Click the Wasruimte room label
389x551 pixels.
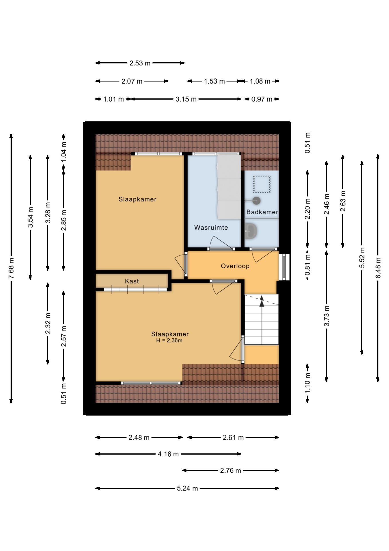pos(211,228)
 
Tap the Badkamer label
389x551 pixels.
pos(262,212)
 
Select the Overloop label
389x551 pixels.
pos(235,266)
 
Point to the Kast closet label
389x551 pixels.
pos(132,281)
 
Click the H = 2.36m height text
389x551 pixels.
pos(169,341)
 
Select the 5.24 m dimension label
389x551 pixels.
pos(187,488)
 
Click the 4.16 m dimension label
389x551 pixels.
pos(168,454)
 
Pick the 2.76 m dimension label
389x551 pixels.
pos(231,470)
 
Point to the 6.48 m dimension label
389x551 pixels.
pos(378,268)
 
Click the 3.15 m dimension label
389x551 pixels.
pos(186,99)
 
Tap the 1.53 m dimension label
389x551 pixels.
pos(214,81)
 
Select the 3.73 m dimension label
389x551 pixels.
pos(327,316)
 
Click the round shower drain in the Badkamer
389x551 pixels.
pos(257,201)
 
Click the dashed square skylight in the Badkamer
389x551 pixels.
pos(262,184)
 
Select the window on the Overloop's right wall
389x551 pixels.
pos(284,267)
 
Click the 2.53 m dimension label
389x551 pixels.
pos(140,63)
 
